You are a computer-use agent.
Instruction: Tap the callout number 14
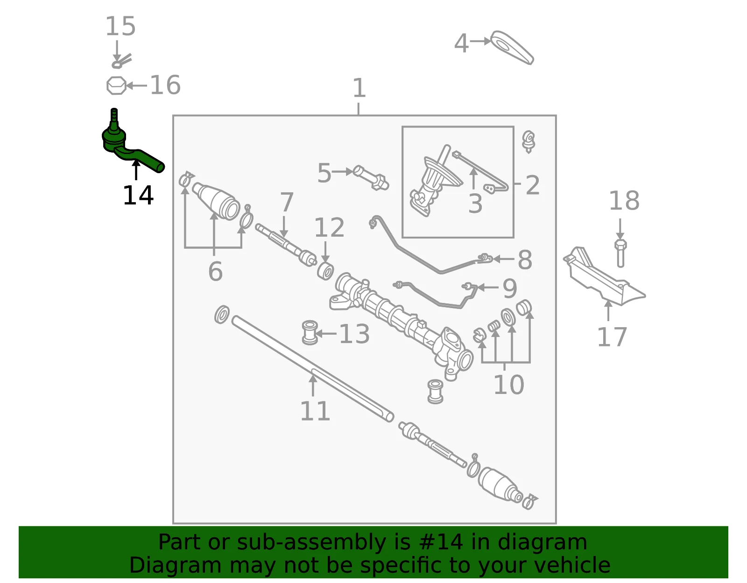click(x=138, y=196)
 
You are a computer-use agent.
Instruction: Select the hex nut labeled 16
click(x=116, y=85)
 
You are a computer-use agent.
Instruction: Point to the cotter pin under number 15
click(x=121, y=62)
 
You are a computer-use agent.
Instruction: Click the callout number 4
click(x=461, y=43)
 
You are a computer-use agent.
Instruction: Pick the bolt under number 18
click(x=620, y=253)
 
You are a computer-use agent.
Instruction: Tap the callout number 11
click(x=315, y=411)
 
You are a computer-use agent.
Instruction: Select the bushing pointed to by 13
click(x=310, y=332)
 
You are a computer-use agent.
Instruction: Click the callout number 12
click(x=329, y=227)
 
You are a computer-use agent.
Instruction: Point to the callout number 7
click(x=287, y=202)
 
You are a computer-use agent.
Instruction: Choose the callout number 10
click(x=509, y=385)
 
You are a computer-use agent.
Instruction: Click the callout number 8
click(x=525, y=260)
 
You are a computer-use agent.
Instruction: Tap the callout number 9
click(x=510, y=288)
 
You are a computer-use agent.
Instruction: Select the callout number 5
click(x=324, y=173)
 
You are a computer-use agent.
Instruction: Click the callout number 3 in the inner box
click(x=475, y=204)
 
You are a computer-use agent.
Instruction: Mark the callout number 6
click(x=216, y=271)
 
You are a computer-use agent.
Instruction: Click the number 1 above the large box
click(x=359, y=88)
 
